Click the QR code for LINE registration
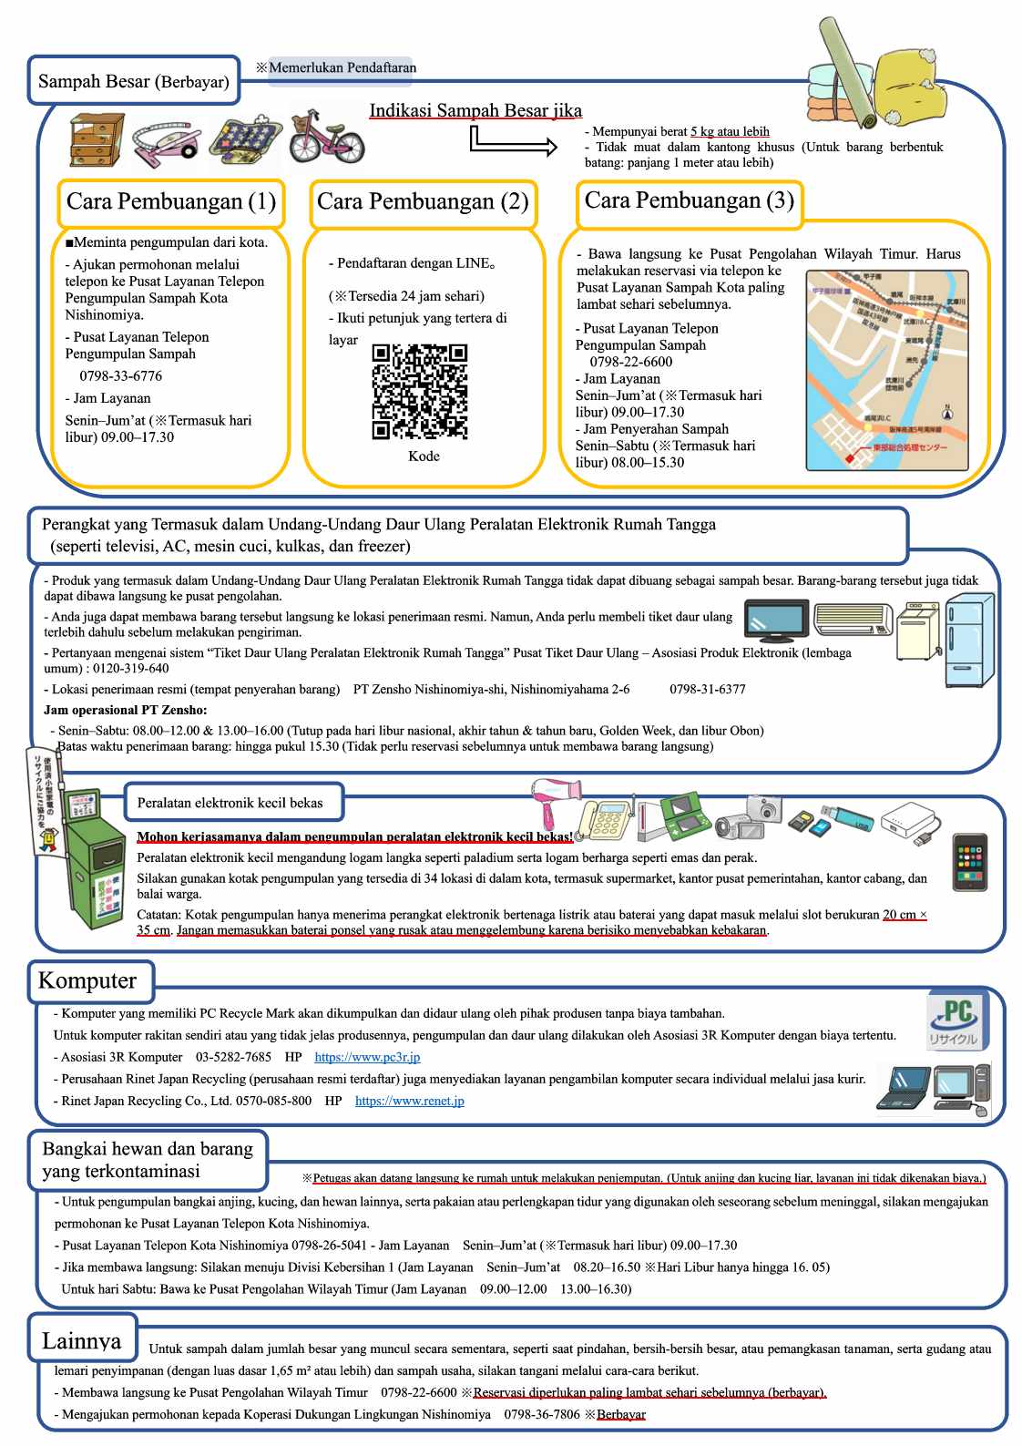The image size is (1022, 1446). coord(420,391)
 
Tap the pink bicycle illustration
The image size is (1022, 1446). coord(326,138)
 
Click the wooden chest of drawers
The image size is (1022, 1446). coord(97,139)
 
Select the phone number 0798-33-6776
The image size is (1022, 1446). coord(120,376)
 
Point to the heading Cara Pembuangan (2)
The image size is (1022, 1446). coord(423,201)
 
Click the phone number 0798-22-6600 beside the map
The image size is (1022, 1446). coord(631,362)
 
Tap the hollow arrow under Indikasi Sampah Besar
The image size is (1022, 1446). coord(513,142)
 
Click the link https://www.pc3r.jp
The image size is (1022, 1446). coord(367,1057)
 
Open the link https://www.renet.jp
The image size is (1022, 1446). coord(409,1101)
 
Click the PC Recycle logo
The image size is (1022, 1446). coord(956,1020)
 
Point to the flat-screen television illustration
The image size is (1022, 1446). coord(775,621)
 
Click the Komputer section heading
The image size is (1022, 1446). coord(87,980)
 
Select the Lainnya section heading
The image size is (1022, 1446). coord(81,1340)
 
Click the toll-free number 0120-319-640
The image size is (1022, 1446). coord(130,668)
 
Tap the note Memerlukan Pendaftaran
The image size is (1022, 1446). coord(342,67)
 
